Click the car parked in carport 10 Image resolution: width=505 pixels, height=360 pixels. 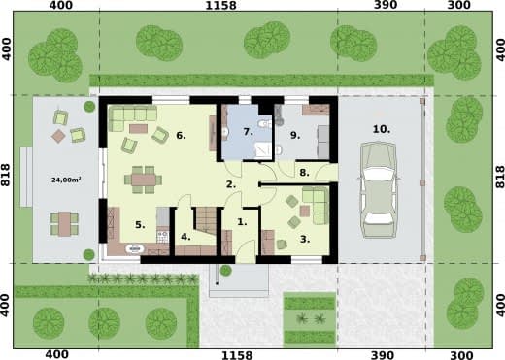tap(379, 190)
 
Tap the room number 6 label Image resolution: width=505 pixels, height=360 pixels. tap(181, 135)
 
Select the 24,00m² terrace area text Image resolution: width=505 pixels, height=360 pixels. tap(66, 180)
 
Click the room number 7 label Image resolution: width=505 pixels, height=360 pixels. tap(248, 132)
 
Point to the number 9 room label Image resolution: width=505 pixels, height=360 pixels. tap(295, 135)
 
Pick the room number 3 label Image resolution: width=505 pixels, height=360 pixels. tap(304, 239)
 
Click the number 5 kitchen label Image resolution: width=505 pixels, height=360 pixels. tap(140, 224)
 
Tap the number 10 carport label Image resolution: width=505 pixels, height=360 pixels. tap(382, 129)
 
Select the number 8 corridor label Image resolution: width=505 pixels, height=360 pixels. tap(304, 173)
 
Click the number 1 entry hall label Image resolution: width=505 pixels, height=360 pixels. tap(242, 222)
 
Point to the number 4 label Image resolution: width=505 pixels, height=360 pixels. tap(185, 237)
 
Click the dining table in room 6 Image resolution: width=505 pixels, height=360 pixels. tap(144, 180)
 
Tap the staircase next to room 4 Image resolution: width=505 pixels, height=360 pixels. tap(205, 220)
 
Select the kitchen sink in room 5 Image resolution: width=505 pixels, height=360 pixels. tap(135, 248)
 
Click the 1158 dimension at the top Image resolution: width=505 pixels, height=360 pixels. tap(220, 5)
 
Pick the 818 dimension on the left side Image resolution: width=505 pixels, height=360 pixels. tap(6, 175)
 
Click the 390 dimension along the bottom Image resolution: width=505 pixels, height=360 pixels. tap(382, 355)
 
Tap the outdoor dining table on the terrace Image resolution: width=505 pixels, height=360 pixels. tap(65, 223)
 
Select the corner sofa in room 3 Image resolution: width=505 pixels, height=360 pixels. tap(316, 205)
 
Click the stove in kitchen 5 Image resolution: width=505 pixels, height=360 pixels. tap(163, 237)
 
